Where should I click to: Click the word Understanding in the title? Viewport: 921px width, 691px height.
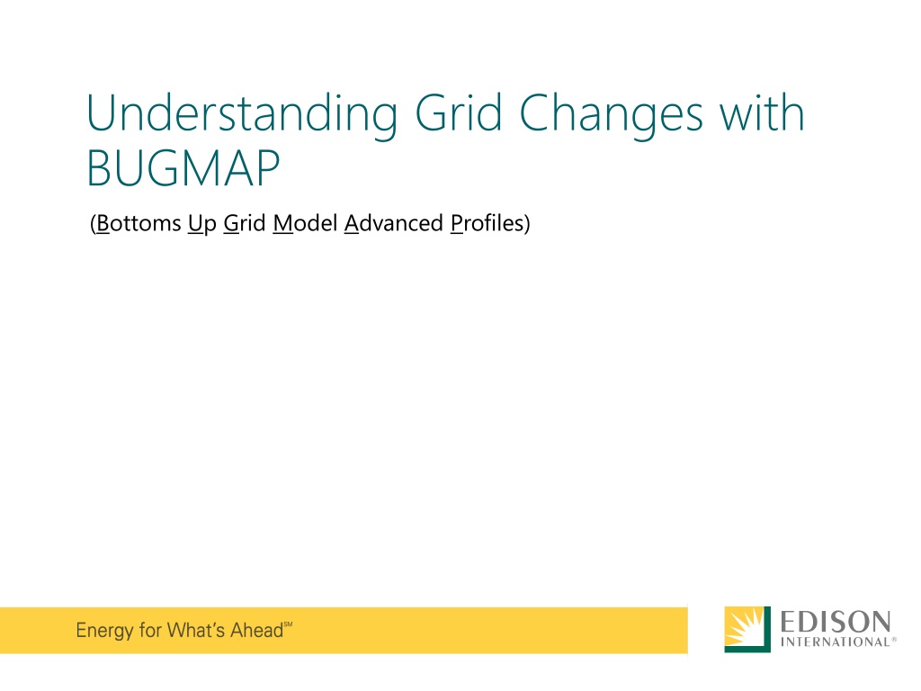point(242,114)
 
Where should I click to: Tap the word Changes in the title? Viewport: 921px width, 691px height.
point(611,115)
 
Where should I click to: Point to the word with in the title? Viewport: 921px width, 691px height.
point(762,112)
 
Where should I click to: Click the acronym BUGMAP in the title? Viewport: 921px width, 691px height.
point(183,168)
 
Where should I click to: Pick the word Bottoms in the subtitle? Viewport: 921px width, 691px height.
point(139,223)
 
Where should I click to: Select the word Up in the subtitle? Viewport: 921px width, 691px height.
point(202,224)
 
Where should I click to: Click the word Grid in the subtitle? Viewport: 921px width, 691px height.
point(245,223)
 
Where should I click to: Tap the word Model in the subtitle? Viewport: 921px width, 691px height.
point(305,223)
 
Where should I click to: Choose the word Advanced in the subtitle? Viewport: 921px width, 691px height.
point(394,223)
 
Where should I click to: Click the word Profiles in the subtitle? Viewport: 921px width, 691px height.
point(487,223)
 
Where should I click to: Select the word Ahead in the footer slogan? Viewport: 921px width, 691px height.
point(256,630)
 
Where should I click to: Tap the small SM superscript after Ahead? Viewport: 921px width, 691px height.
point(289,624)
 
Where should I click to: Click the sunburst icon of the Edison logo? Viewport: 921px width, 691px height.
point(747,629)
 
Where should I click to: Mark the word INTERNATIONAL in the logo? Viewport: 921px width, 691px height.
point(835,642)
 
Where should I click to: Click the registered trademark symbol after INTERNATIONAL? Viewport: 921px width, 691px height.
point(894,639)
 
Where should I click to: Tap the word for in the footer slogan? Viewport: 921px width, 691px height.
point(150,630)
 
